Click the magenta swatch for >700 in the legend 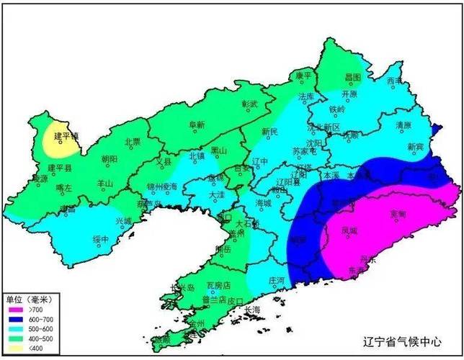(14, 310)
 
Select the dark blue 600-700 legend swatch (14, 319)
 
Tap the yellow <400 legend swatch (14, 346)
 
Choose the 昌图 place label (352, 77)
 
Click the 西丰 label (395, 81)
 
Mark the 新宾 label (416, 146)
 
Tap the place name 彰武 (249, 104)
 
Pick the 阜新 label (197, 125)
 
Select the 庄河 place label (277, 279)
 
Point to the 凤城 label (349, 230)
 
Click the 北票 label (133, 142)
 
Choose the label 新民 (269, 132)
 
